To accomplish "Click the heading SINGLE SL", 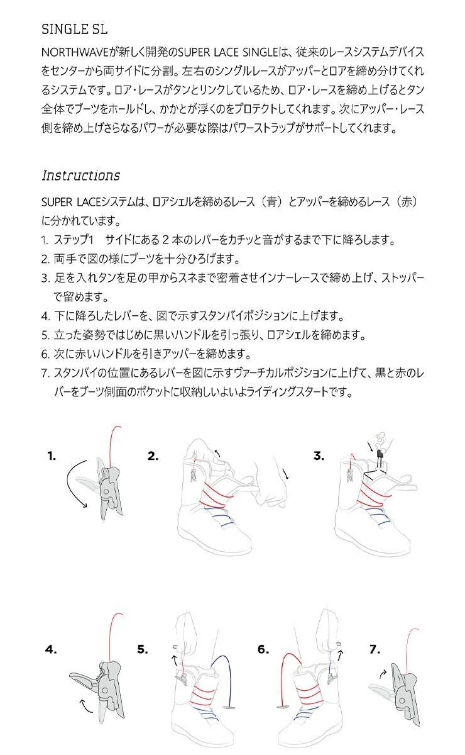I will pyautogui.click(x=74, y=30).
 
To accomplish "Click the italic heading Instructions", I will pyautogui.click(x=80, y=175).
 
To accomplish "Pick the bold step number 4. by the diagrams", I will pyautogui.click(x=51, y=649).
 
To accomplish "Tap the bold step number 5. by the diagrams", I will pyautogui.click(x=143, y=649).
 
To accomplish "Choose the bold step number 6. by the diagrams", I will pyautogui.click(x=263, y=649).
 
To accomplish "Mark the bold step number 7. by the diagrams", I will pyautogui.click(x=375, y=649).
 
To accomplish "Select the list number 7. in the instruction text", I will pyautogui.click(x=45, y=373).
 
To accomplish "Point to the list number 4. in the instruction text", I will pyautogui.click(x=45, y=316).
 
